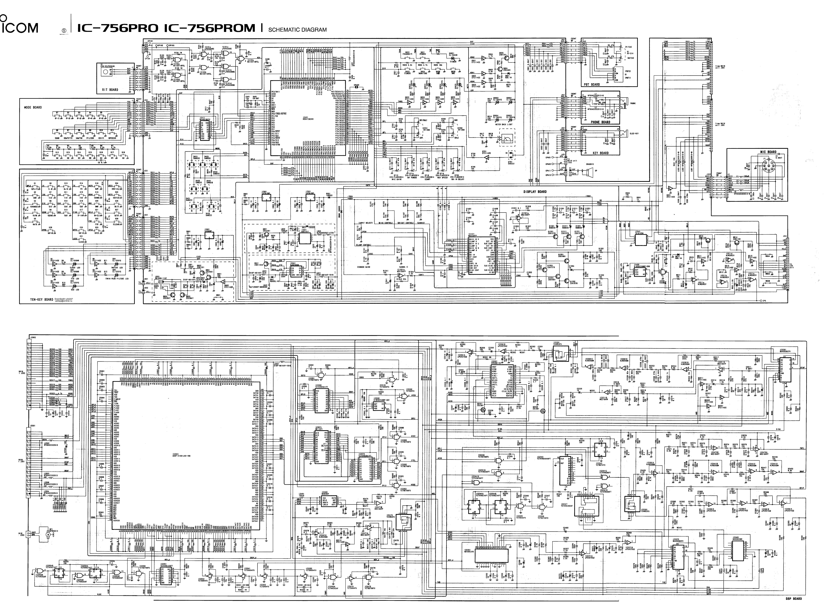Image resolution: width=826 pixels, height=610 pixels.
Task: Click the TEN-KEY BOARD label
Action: [x=42, y=299]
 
